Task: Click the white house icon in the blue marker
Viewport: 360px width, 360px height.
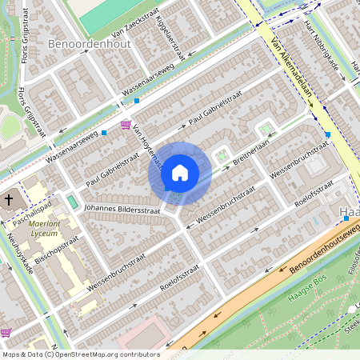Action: tap(180, 172)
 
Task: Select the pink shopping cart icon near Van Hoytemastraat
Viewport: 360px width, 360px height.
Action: tap(126, 125)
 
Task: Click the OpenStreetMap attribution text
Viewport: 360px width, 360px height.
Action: tap(79, 354)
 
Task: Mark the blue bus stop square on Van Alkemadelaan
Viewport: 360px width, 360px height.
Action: tap(328, 134)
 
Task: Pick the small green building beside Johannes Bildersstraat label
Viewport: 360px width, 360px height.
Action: tap(74, 201)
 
